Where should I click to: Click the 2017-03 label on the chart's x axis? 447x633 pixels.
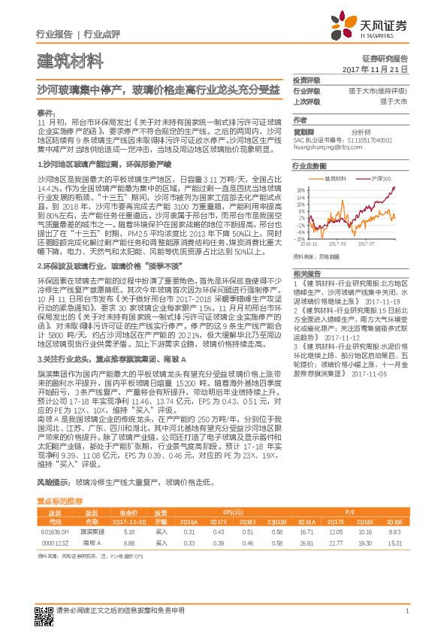pyautogui.click(x=340, y=244)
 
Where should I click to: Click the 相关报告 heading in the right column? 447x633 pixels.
pyautogui.click(x=306, y=272)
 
